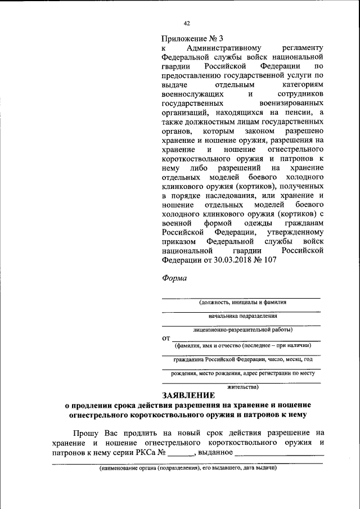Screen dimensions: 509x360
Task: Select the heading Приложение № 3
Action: tap(192, 39)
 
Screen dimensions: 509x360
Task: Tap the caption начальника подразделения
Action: tap(241, 316)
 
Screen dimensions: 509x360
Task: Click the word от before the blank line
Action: tap(166, 337)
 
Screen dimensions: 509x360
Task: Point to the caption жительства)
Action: tap(242, 387)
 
